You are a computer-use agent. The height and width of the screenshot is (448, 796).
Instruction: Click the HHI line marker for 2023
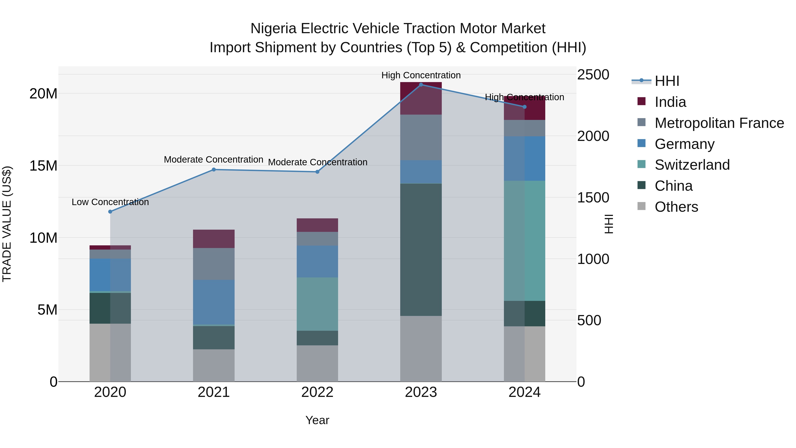point(421,85)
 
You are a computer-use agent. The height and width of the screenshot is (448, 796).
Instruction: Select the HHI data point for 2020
point(110,212)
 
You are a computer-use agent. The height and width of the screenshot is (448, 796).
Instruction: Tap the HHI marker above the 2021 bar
point(214,169)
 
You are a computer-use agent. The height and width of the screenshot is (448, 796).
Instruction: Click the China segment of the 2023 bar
point(421,250)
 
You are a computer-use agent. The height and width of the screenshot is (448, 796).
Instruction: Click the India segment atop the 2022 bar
point(317,225)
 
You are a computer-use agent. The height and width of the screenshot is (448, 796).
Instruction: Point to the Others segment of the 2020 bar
point(110,352)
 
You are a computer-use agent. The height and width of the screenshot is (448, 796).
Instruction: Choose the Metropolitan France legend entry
point(719,123)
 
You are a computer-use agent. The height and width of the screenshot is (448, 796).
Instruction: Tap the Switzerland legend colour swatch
point(641,164)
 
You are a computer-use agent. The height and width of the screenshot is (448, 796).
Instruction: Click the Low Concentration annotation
point(110,202)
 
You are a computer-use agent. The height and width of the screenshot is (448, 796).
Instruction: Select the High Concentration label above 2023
point(421,75)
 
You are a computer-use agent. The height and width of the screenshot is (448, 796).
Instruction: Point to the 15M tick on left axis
point(43,166)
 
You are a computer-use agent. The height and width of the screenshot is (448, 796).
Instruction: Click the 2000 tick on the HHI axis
point(593,136)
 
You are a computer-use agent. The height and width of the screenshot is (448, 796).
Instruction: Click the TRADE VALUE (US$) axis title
point(7,224)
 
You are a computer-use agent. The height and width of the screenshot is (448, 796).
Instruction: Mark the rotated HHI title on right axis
point(608,224)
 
